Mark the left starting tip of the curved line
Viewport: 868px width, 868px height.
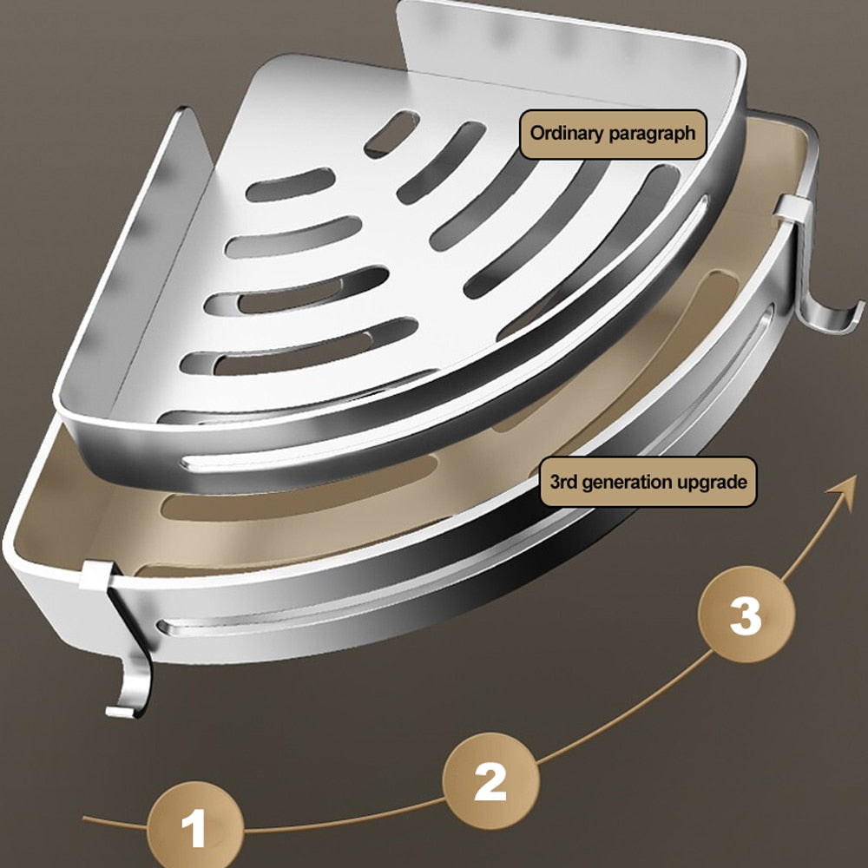(87, 818)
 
